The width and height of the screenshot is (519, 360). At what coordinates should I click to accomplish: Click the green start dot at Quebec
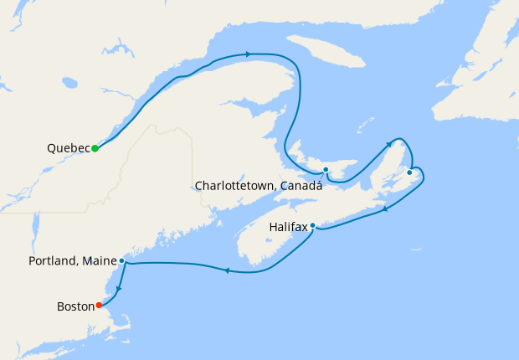tap(95, 148)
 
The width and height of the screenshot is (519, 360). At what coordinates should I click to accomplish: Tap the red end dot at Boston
tap(99, 305)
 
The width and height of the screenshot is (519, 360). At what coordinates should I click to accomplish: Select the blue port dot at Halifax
tap(312, 225)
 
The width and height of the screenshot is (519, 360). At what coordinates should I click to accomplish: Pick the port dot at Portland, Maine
tap(121, 260)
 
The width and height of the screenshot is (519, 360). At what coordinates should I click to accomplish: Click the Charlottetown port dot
tap(326, 170)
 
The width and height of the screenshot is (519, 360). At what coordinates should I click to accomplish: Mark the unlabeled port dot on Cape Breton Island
tap(409, 172)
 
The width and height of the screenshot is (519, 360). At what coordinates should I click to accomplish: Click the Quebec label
tap(68, 148)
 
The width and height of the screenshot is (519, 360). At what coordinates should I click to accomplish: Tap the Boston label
tap(75, 306)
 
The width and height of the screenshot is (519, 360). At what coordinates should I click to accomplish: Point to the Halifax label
tap(288, 227)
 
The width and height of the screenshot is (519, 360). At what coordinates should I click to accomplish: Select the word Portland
tap(52, 261)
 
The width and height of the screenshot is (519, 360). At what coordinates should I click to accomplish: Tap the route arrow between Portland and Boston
tap(118, 290)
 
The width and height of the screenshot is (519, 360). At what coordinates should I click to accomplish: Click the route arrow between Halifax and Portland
tap(226, 270)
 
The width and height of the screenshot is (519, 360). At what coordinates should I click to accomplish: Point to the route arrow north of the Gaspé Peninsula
tap(248, 54)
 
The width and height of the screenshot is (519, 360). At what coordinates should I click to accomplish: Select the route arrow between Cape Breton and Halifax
tap(385, 208)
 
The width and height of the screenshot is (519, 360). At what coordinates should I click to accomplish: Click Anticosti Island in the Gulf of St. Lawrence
tap(326, 52)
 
